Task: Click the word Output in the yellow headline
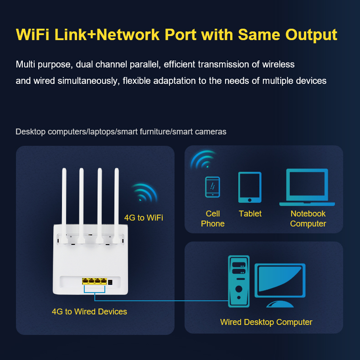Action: click(x=311, y=36)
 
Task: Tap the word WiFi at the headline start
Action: click(x=32, y=35)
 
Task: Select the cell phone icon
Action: click(x=212, y=187)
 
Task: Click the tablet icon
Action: click(x=250, y=187)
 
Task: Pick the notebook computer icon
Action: click(x=307, y=187)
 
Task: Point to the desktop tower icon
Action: click(x=239, y=281)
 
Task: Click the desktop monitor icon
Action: click(x=280, y=285)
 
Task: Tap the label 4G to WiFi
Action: click(x=144, y=218)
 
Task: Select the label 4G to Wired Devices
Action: click(x=89, y=312)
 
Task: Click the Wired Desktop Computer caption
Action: click(x=266, y=322)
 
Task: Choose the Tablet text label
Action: click(x=250, y=214)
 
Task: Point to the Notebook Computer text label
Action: click(x=308, y=219)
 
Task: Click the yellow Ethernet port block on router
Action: click(x=94, y=281)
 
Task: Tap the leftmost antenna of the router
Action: click(x=64, y=206)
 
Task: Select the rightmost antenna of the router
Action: click(x=116, y=206)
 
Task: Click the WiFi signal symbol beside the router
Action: click(x=144, y=192)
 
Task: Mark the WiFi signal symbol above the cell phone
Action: click(x=203, y=159)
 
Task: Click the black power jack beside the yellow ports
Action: click(x=110, y=282)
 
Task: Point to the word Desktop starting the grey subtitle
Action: click(x=31, y=132)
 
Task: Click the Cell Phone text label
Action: click(x=213, y=219)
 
